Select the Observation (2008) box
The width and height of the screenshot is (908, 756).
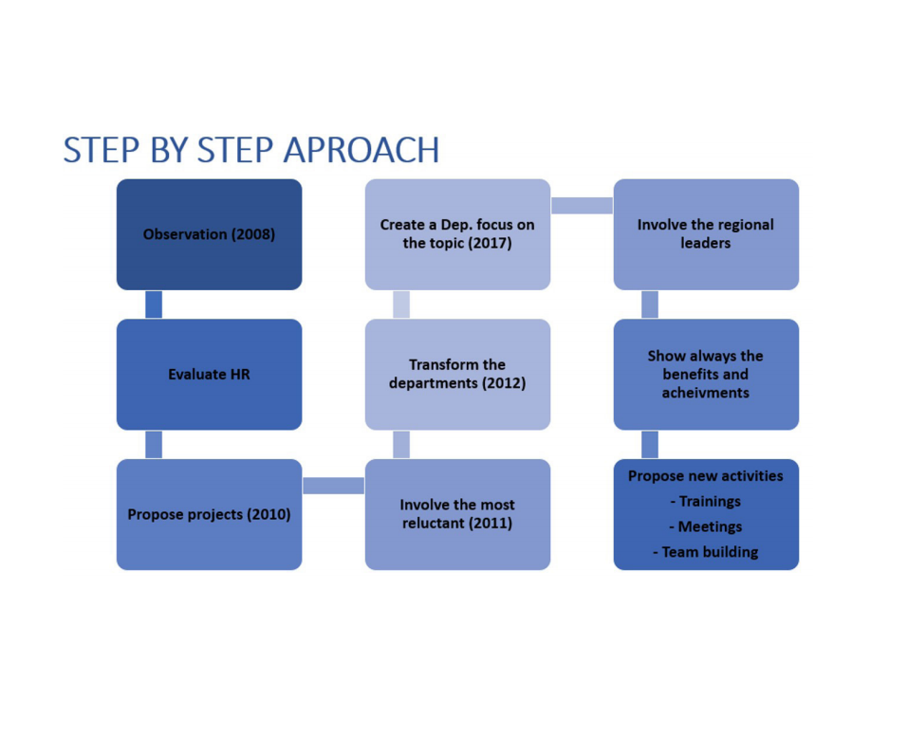click(x=209, y=234)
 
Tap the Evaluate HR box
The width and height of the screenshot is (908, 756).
click(x=209, y=375)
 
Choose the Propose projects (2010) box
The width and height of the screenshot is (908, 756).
click(x=209, y=514)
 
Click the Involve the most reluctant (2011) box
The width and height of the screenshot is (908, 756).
click(x=457, y=514)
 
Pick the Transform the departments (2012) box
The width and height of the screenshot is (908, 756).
click(x=457, y=375)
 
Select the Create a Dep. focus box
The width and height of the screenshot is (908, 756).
click(x=457, y=234)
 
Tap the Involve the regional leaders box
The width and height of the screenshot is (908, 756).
click(x=706, y=234)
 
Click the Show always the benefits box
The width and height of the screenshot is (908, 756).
click(x=706, y=375)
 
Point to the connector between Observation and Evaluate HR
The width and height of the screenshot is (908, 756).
click(x=153, y=304)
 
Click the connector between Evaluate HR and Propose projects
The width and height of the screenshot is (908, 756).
click(x=153, y=444)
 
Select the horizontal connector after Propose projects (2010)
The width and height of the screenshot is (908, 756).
click(x=333, y=486)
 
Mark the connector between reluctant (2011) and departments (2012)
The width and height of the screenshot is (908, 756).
click(x=401, y=444)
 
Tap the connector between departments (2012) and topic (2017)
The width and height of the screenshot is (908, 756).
click(x=401, y=304)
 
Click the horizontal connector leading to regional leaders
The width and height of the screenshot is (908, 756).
click(x=582, y=206)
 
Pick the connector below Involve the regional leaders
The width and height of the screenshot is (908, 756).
click(x=650, y=304)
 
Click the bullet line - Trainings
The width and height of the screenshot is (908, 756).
click(x=705, y=502)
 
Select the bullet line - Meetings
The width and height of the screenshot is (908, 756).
click(x=705, y=526)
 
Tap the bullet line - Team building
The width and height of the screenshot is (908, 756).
click(x=705, y=552)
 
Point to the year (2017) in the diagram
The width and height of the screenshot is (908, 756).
click(x=490, y=244)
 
